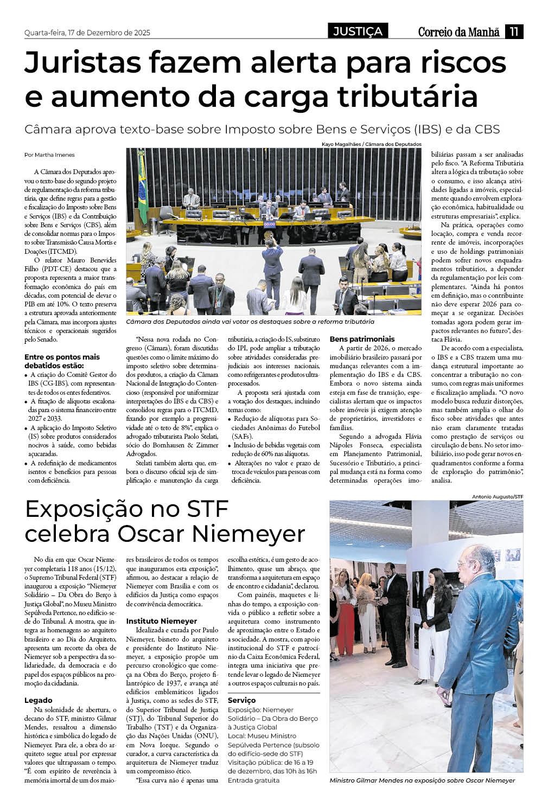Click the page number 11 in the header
[x=514, y=31]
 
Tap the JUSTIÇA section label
[x=358, y=31]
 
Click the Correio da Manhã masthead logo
[x=458, y=32]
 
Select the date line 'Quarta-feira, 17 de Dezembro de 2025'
[x=87, y=33]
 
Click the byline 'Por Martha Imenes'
[x=50, y=155]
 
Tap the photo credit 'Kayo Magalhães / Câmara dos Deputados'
[x=371, y=144]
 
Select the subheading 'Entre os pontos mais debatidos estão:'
[x=62, y=361]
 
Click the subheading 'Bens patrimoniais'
[x=362, y=339]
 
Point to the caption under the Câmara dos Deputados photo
[x=250, y=322]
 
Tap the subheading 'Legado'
[x=39, y=700]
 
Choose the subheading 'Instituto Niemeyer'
[x=162, y=621]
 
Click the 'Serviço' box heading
[x=241, y=700]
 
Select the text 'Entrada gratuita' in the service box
[x=254, y=780]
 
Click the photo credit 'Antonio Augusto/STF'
[x=497, y=496]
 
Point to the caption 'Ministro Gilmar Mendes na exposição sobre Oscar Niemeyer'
[x=422, y=780]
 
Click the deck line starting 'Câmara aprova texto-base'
[x=262, y=130]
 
